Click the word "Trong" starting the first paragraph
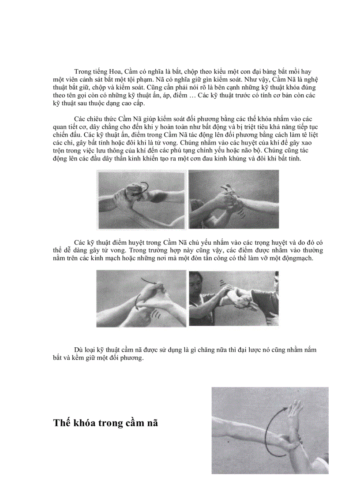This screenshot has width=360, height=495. (83, 71)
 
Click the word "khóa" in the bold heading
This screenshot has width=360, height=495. (87, 423)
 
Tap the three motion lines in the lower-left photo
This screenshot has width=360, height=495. (155, 314)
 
